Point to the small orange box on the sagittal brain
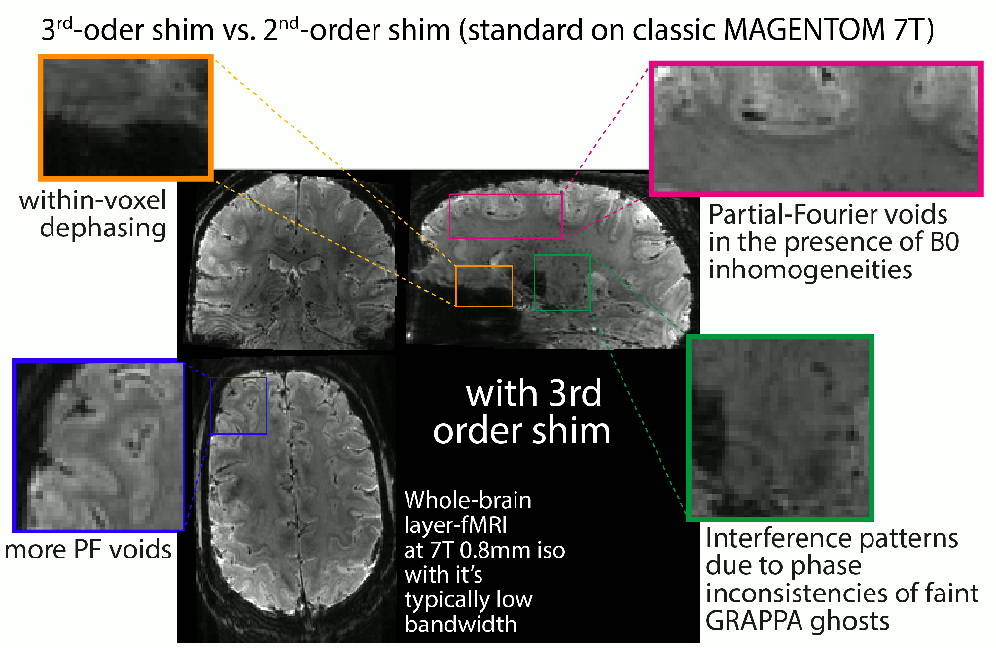point(483,285)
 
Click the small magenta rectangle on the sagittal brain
point(506,215)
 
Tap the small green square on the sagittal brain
point(562,282)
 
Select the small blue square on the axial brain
point(238,405)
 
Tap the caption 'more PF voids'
point(88,551)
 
